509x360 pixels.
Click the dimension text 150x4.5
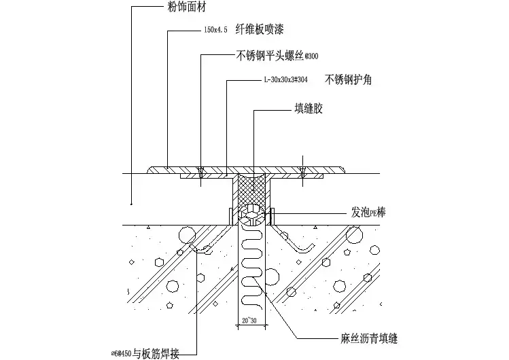point(216,31)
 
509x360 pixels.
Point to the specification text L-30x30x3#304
point(285,79)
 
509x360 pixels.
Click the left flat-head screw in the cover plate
point(201,170)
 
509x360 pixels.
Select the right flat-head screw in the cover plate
point(302,170)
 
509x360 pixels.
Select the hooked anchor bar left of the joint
point(204,245)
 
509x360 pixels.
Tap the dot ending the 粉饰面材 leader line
point(130,203)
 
